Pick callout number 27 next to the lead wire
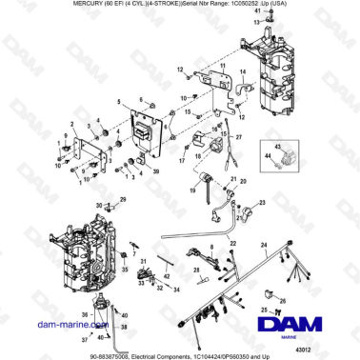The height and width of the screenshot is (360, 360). pos(238,138)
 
